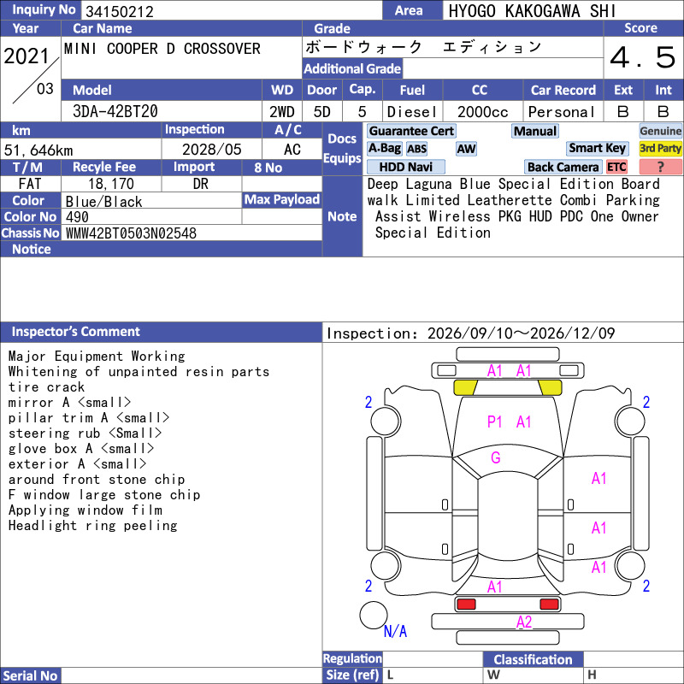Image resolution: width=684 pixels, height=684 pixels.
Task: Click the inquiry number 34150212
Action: [120, 11]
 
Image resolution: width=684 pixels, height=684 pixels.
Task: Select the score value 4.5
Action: [643, 57]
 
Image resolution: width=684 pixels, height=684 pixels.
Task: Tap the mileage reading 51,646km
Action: [38, 150]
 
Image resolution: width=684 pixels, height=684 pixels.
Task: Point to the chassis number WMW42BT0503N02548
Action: [131, 233]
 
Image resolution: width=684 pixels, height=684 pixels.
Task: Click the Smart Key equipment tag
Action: [597, 148]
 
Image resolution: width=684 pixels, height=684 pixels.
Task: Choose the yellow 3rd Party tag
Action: [660, 148]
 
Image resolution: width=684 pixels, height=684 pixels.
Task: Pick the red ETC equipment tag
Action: [616, 167]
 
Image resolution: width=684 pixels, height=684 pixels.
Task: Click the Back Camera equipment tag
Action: [563, 167]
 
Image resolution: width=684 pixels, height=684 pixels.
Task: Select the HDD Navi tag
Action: [405, 167]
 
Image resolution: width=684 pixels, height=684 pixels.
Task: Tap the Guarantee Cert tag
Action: [411, 131]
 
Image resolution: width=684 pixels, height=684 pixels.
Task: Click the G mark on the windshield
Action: [496, 457]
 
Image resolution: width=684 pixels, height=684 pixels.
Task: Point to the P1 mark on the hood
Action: [494, 422]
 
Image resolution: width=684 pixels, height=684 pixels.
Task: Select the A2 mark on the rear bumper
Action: [524, 622]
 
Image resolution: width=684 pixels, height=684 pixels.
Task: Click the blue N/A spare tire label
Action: [395, 631]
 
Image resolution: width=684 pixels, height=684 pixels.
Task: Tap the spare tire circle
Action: [374, 615]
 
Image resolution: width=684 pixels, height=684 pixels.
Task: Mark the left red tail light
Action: [466, 604]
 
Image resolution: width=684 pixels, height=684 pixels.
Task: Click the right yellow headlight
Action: [550, 387]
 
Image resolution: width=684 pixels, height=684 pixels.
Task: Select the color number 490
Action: [77, 217]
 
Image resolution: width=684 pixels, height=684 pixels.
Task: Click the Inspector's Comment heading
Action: [75, 332]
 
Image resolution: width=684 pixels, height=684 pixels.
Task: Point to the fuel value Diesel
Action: [412, 112]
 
